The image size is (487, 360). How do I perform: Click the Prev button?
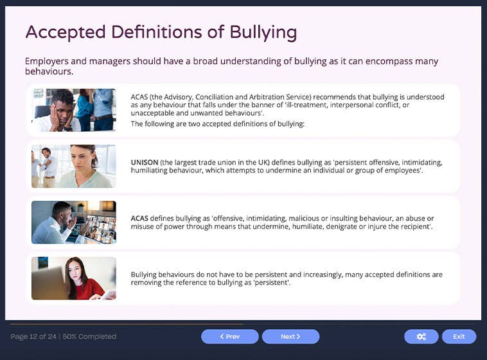[x=229, y=336]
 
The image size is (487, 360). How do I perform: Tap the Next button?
[x=290, y=336]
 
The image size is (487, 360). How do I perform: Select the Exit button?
[x=459, y=336]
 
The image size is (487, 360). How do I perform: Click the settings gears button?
[x=421, y=336]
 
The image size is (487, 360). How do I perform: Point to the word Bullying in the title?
[x=263, y=32]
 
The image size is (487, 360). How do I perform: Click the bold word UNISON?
[x=144, y=163]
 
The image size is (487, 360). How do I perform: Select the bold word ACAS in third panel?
[x=139, y=219]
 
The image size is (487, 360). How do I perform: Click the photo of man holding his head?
[x=74, y=110]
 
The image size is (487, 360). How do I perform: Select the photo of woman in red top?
[x=74, y=278]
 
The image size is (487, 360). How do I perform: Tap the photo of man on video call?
[x=74, y=222]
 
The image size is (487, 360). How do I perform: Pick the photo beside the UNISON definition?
[x=74, y=166]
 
